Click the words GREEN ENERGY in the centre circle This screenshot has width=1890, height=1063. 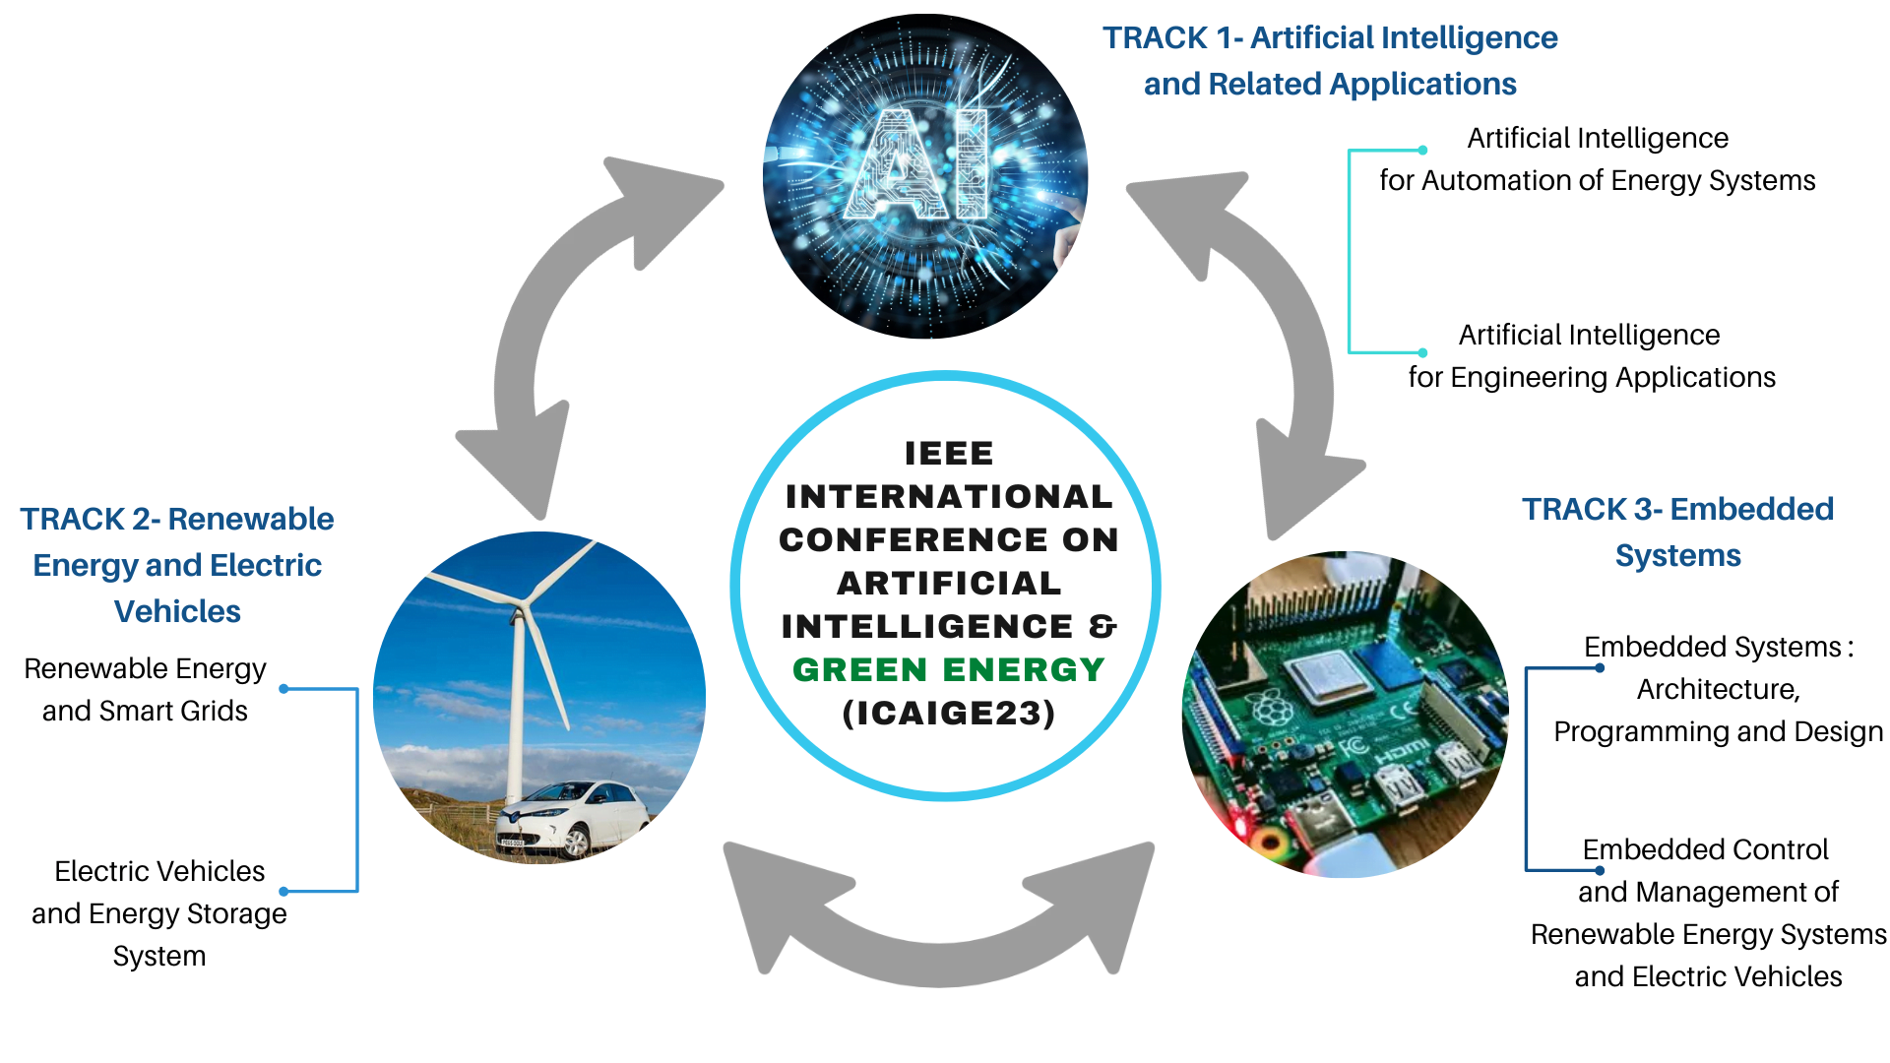coord(949,669)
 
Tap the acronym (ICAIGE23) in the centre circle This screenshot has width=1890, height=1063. coord(949,713)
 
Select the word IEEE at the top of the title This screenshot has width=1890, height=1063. coord(949,453)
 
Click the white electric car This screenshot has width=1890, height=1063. coord(573,816)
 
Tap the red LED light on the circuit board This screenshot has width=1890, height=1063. coord(1237,820)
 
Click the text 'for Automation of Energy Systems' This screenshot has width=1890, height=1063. coord(1597,180)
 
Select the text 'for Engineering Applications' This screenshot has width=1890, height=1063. coord(1592,377)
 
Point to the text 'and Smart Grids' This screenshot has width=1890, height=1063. coord(145,711)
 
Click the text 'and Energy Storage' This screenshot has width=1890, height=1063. coord(159,913)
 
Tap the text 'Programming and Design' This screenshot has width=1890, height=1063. coord(1718,731)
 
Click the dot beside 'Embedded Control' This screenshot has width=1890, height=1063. coord(1600,870)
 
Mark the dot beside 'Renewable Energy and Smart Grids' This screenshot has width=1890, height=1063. coord(283,689)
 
